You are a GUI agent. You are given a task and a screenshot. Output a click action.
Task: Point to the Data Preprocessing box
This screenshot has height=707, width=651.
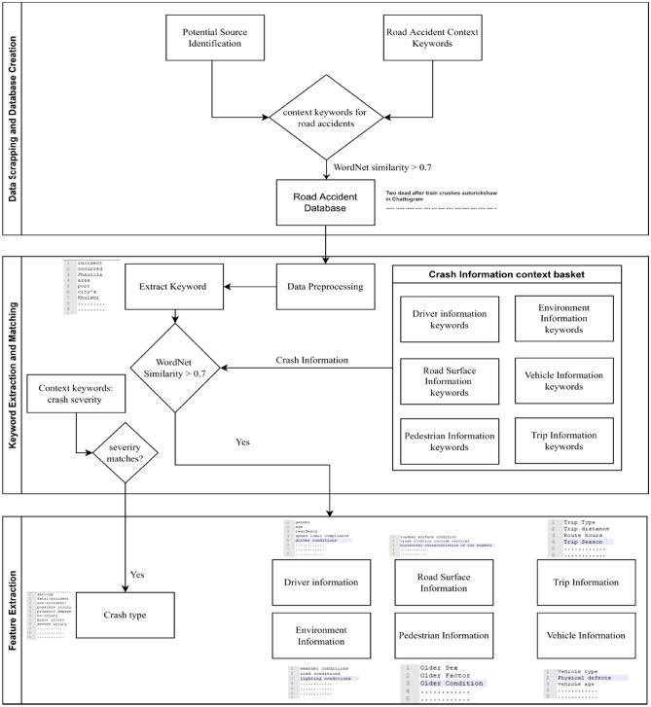tap(324, 287)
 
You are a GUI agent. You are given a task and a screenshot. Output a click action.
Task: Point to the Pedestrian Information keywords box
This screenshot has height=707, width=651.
tap(450, 442)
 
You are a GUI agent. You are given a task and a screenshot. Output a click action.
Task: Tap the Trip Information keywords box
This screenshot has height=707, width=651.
tap(563, 442)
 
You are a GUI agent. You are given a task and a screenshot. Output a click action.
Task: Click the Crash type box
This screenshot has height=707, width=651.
tap(125, 616)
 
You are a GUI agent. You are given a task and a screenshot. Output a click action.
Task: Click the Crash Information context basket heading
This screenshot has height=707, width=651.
tap(506, 275)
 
